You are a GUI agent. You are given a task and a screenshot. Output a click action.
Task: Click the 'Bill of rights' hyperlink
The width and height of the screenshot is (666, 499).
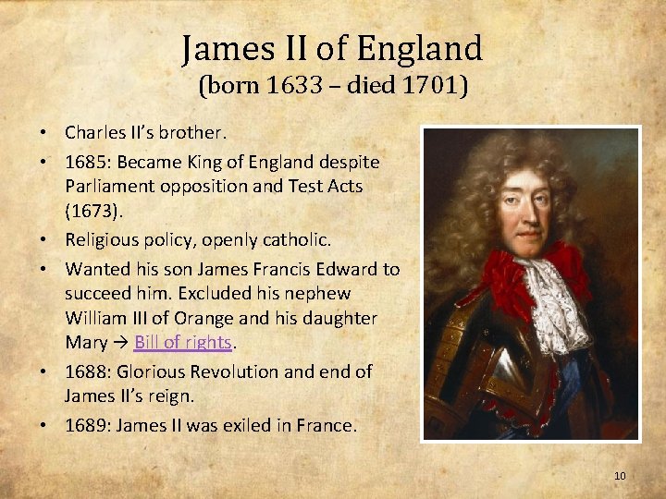tap(182, 342)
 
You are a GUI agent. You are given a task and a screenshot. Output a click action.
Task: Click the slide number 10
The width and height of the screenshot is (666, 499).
tap(620, 476)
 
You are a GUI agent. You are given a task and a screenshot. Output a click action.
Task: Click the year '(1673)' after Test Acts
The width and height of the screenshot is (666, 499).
tap(92, 210)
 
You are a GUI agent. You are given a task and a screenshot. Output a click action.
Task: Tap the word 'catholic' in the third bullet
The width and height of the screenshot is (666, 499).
tap(297, 239)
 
